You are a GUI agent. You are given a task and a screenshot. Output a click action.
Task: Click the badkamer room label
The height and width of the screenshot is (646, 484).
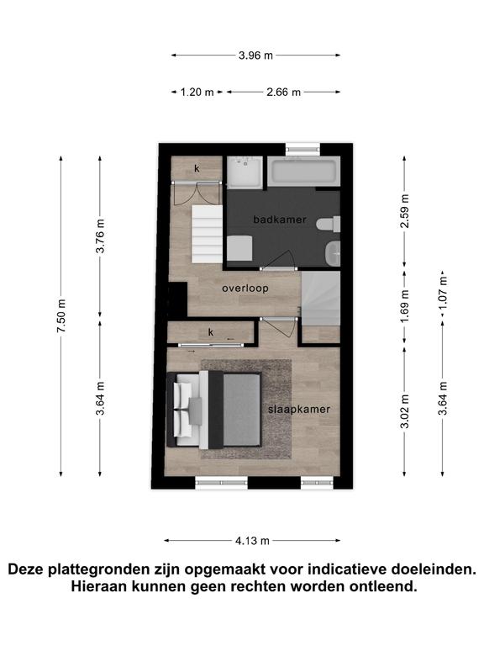pyautogui.click(x=280, y=220)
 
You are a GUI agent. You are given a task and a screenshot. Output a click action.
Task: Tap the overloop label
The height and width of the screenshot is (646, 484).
pyautogui.click(x=245, y=289)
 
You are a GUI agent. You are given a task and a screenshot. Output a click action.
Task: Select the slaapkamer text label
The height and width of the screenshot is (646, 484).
pyautogui.click(x=299, y=410)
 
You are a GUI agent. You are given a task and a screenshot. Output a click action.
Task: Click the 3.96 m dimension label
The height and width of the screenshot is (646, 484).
pyautogui.click(x=255, y=56)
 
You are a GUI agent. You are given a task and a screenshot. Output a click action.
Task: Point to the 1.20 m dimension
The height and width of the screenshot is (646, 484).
pyautogui.click(x=197, y=93)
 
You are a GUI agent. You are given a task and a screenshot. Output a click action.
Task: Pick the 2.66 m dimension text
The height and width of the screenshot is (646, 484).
pyautogui.click(x=283, y=93)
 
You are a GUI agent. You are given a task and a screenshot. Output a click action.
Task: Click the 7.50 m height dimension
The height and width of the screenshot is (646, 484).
pyautogui.click(x=61, y=316)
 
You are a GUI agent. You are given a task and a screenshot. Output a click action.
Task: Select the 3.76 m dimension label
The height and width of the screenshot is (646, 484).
pyautogui.click(x=100, y=236)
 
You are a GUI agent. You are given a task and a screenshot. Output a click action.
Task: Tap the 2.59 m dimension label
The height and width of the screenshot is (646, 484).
pyautogui.click(x=405, y=211)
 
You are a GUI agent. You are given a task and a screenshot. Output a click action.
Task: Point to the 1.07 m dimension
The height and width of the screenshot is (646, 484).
pyautogui.click(x=443, y=294)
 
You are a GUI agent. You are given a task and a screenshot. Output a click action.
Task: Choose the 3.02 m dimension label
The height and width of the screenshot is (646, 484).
pyautogui.click(x=405, y=411)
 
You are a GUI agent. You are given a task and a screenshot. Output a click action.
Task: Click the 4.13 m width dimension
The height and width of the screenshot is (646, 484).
pyautogui.click(x=252, y=541)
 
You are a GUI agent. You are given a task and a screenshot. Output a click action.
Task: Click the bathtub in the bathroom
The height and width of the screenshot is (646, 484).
pyautogui.click(x=303, y=171)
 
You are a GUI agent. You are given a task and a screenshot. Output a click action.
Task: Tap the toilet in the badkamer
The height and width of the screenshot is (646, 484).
pyautogui.click(x=328, y=225)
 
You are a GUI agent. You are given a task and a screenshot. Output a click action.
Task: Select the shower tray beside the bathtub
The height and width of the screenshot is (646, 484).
pyautogui.click(x=245, y=172)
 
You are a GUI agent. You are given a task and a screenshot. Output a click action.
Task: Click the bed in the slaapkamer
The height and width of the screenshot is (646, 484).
pyautogui.click(x=214, y=410)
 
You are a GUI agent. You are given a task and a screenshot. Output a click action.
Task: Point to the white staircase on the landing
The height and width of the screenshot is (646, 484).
pyautogui.click(x=207, y=236)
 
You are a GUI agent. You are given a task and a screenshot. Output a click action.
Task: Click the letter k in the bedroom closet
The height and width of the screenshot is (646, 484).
pyautogui.click(x=211, y=332)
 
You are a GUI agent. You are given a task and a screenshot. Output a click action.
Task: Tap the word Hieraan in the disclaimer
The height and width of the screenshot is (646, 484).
pyautogui.click(x=99, y=586)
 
